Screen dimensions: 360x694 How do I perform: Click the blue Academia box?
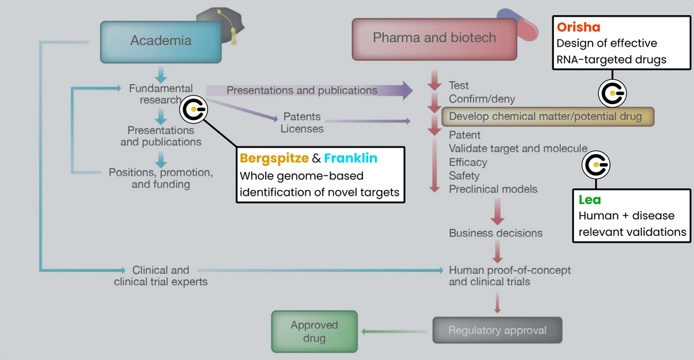[160, 41]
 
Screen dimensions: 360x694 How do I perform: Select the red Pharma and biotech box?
[434, 38]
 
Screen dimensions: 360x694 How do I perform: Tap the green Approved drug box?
[314, 331]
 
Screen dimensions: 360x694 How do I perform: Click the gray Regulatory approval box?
[496, 330]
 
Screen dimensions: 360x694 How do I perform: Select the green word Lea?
[590, 200]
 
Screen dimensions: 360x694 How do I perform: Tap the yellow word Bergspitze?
[274, 158]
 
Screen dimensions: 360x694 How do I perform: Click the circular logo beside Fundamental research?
[192, 110]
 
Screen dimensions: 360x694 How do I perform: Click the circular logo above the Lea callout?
[595, 164]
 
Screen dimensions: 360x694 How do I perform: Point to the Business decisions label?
[496, 233]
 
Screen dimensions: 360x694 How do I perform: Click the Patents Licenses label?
[302, 123]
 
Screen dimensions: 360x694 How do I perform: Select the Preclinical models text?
[493, 189]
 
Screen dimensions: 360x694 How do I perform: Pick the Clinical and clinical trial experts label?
[160, 275]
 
